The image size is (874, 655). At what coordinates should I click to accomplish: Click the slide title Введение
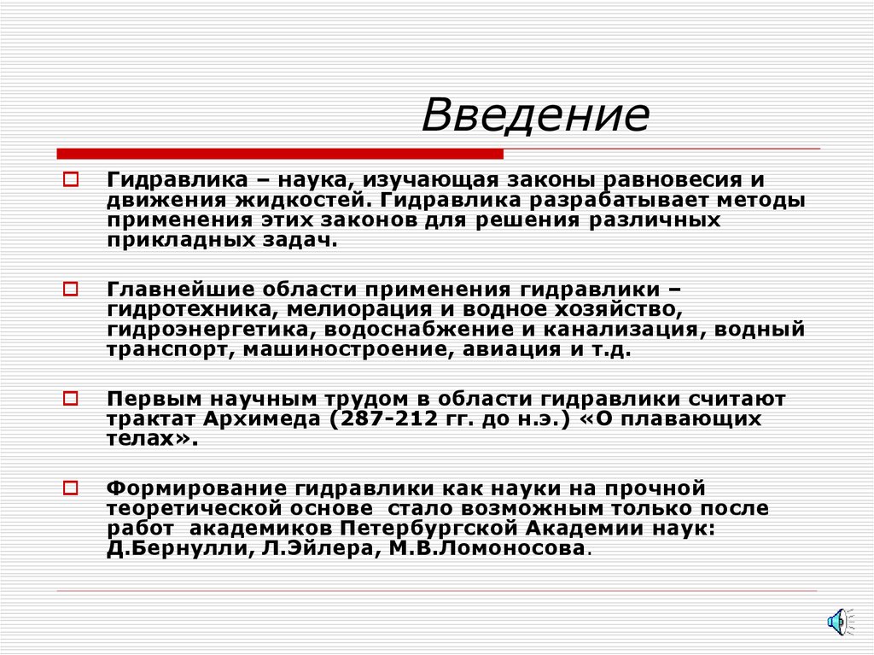click(535, 116)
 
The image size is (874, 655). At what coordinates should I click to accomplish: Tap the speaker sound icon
click(836, 621)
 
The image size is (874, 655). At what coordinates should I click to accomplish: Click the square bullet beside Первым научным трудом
click(71, 399)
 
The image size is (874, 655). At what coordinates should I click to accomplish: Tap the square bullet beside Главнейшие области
click(71, 289)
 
